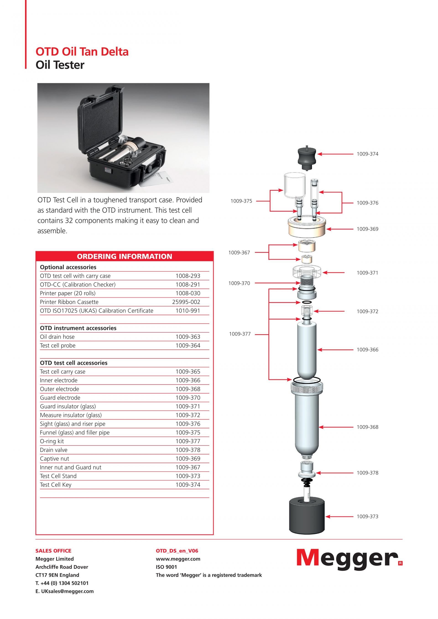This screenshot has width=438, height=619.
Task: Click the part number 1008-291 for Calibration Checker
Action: [x=188, y=285]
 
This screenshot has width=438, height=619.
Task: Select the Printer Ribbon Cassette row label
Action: [x=69, y=302]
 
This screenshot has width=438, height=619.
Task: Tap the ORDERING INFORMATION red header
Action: [x=124, y=256]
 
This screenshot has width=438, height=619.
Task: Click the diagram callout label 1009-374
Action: [x=367, y=154]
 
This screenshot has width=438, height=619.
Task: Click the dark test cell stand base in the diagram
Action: [x=307, y=517]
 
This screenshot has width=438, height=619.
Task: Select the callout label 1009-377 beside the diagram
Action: [x=240, y=334]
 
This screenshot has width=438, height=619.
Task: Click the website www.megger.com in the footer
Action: [x=178, y=559]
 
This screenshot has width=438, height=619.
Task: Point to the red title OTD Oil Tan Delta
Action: [x=82, y=52]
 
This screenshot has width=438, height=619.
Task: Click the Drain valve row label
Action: [x=54, y=450]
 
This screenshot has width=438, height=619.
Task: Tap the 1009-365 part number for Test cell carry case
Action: [x=188, y=371]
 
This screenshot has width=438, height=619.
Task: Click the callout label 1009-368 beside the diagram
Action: [x=367, y=427]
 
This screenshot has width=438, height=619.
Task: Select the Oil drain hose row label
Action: [x=57, y=337]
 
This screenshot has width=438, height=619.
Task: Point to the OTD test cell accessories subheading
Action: [x=74, y=363]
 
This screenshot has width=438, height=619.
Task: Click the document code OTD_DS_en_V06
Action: [x=177, y=551]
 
